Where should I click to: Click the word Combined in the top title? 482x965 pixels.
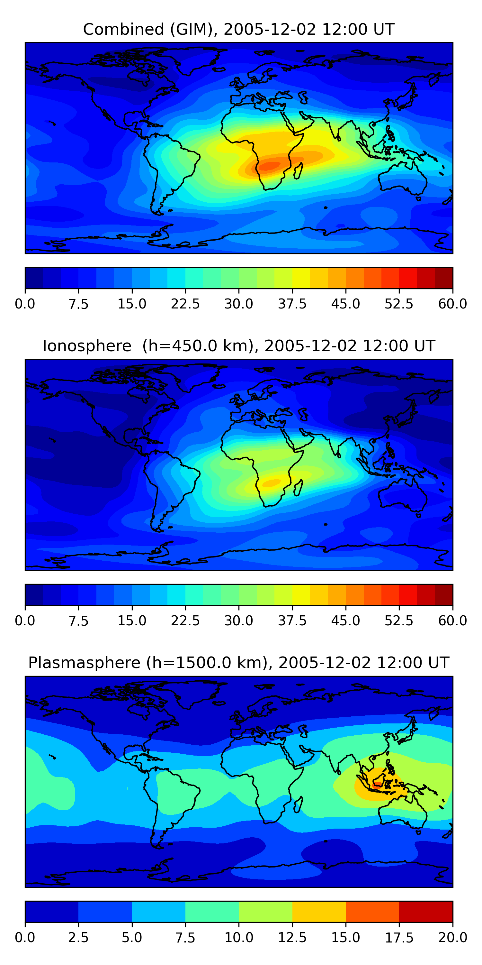123,29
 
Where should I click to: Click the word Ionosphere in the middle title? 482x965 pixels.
87,346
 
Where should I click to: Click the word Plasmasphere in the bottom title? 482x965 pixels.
84,663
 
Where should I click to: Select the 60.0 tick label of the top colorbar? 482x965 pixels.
452,304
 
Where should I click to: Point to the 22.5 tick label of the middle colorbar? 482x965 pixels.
185,621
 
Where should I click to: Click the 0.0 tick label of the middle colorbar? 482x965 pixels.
25,621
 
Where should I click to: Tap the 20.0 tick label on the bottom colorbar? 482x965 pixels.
452,938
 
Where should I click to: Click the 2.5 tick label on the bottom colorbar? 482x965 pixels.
78,938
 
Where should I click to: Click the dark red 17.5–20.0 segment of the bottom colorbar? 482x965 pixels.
426,911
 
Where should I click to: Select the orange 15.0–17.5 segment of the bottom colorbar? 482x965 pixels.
372,911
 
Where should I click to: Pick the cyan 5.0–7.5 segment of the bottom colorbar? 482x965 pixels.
159,911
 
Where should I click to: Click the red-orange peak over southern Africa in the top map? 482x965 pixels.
270,165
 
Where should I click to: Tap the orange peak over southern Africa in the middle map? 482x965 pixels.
272,482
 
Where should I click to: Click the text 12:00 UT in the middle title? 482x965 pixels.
399,346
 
